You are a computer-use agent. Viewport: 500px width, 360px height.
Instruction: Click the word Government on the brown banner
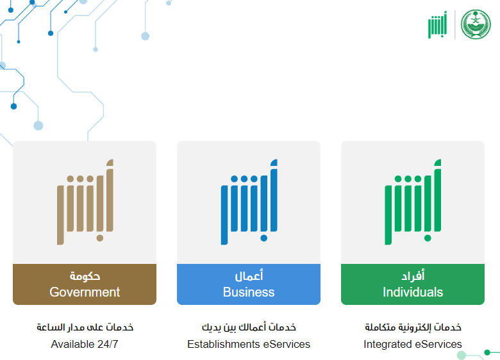[x=85, y=292]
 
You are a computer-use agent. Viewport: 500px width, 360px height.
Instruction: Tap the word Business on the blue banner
[x=249, y=292]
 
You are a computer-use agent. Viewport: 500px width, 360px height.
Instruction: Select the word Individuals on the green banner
[x=413, y=292]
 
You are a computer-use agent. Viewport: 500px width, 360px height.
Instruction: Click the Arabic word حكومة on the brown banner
[x=85, y=276]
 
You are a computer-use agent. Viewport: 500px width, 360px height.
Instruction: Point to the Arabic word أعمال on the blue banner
[x=249, y=275]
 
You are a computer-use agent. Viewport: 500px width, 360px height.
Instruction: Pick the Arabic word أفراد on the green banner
[x=413, y=275]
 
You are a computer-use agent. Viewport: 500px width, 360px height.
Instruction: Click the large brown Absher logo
[x=85, y=202]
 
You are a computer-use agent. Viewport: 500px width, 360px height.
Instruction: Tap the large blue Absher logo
[x=249, y=202]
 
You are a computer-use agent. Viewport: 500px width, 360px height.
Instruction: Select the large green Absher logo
[x=413, y=202]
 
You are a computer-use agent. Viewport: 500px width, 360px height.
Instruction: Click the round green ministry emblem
[x=476, y=24]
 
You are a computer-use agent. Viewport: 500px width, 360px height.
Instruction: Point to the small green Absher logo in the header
[x=437, y=25]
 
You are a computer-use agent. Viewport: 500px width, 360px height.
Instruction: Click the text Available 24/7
[x=85, y=345]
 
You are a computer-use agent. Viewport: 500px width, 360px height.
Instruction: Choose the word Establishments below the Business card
[x=224, y=345]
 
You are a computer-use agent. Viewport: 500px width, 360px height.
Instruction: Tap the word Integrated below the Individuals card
[x=387, y=345]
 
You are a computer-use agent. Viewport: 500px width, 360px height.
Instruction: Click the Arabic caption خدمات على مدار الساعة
[x=85, y=327]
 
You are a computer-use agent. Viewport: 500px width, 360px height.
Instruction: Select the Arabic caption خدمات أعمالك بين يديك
[x=249, y=327]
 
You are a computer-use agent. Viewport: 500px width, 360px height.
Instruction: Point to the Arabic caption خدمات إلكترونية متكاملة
[x=413, y=327]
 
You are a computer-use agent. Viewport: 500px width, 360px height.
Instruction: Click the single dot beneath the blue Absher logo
[x=263, y=238]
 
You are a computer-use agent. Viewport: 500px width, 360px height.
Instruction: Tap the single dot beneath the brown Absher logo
[x=100, y=238]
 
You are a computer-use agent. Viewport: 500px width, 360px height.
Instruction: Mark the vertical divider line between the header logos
[x=454, y=24]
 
